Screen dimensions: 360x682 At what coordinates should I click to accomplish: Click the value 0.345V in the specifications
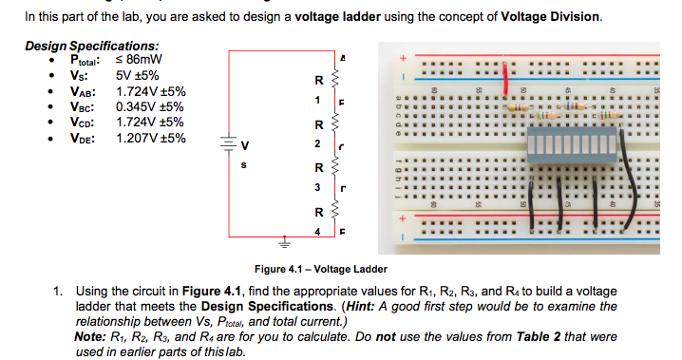pyautogui.click(x=136, y=107)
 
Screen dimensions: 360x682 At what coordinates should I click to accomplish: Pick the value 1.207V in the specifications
pyautogui.click(x=136, y=138)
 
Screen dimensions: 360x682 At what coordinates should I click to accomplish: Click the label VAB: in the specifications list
pyautogui.click(x=82, y=92)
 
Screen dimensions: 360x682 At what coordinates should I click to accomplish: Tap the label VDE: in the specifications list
pyautogui.click(x=82, y=138)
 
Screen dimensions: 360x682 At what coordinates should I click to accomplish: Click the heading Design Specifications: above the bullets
pyautogui.click(x=91, y=46)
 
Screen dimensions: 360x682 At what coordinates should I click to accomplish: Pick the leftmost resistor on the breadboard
pyautogui.click(x=513, y=109)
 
